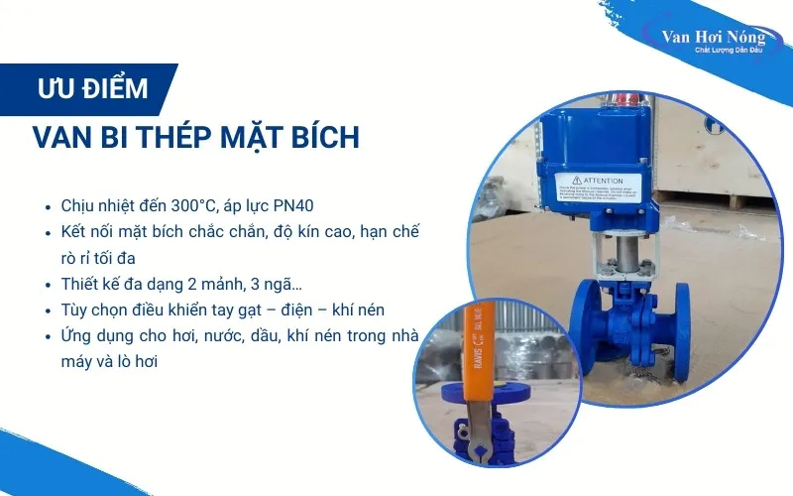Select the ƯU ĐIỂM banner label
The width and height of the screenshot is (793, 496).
click(x=93, y=88)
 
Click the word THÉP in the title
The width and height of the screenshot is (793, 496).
click(x=162, y=138)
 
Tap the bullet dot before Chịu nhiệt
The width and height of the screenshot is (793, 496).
click(x=48, y=208)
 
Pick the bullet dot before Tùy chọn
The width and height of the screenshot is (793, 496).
click(x=48, y=310)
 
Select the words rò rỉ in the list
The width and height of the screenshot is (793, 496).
click(x=76, y=258)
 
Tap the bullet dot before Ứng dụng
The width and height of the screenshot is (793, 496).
click(x=48, y=335)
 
